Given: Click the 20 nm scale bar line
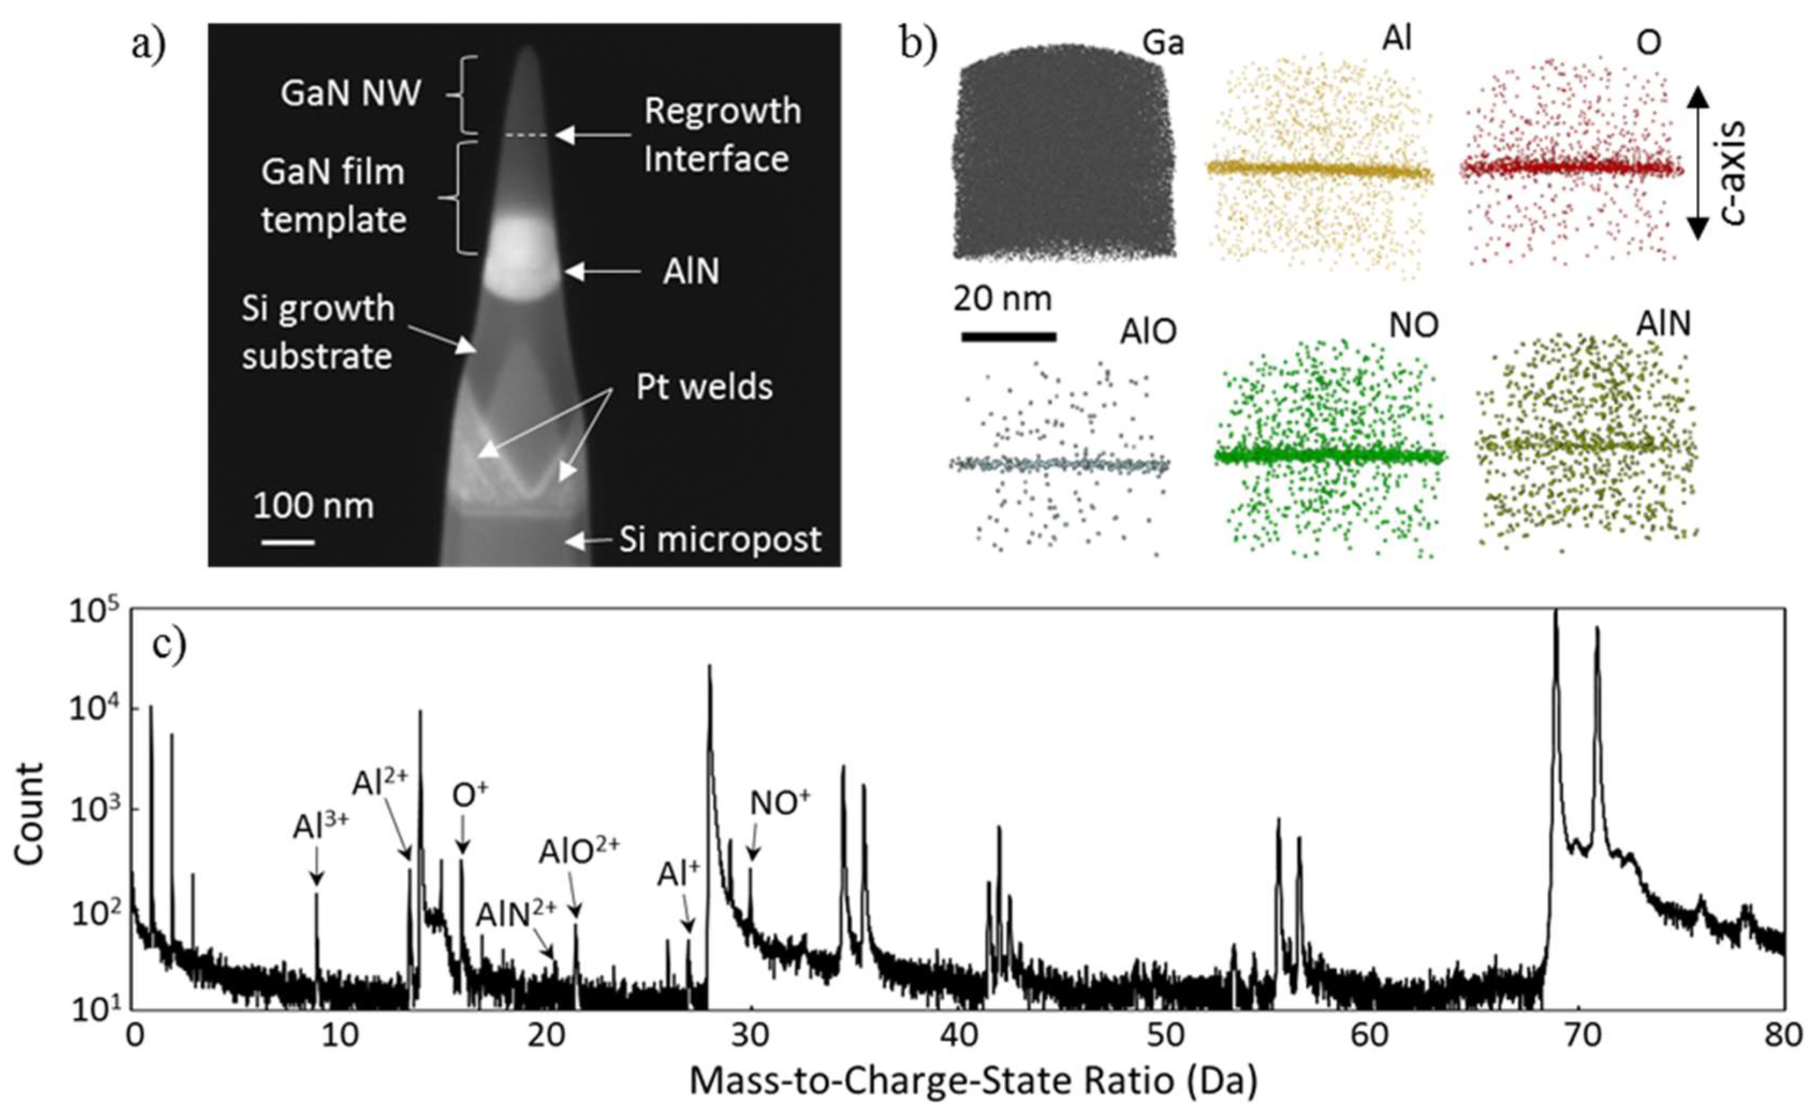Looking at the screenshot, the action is pyautogui.click(x=1008, y=337).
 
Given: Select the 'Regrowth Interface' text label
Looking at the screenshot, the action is pyautogui.click(x=722, y=135).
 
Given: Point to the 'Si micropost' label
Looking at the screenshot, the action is pyautogui.click(x=720, y=540).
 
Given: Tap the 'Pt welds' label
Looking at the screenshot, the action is pyautogui.click(x=704, y=387).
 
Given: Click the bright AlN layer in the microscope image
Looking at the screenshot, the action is pyautogui.click(x=524, y=258).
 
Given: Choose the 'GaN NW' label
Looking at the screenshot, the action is pyautogui.click(x=350, y=93).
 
